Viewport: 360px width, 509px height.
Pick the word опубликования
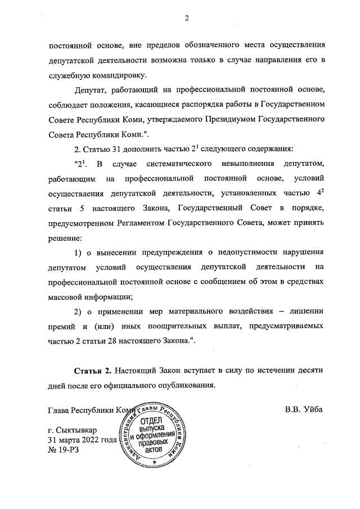point(184,387)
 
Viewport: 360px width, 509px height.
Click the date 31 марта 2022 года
point(82,440)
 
